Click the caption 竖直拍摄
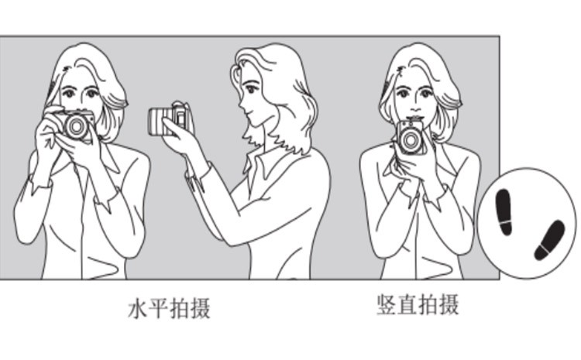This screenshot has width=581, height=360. pyautogui.click(x=418, y=305)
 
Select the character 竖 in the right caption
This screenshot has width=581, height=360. pyautogui.click(x=387, y=305)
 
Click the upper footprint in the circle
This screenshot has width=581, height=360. pyautogui.click(x=504, y=211)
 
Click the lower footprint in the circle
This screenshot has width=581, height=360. pyautogui.click(x=549, y=240)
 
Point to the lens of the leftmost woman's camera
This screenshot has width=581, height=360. pyautogui.click(x=77, y=127)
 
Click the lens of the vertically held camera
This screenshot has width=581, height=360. pyautogui.click(x=410, y=140)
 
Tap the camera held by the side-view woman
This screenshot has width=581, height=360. pyautogui.click(x=170, y=118)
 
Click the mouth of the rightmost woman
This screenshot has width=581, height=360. pyautogui.click(x=415, y=118)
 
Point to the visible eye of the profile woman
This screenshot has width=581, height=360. pyautogui.click(x=252, y=89)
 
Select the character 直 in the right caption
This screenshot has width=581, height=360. pyautogui.click(x=407, y=305)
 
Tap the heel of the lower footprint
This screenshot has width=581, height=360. pyautogui.click(x=541, y=252)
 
